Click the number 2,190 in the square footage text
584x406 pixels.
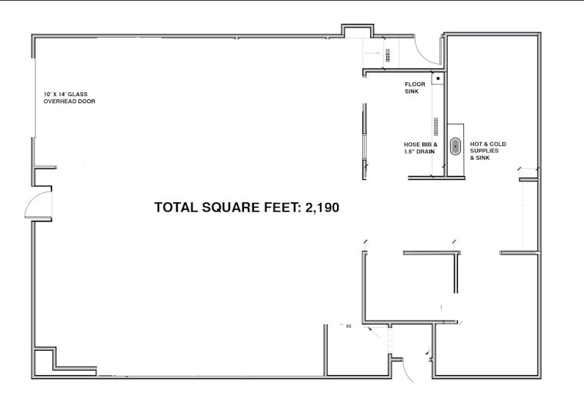tap(322, 208)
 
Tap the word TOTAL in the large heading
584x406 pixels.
tap(176, 208)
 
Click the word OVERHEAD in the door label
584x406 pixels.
tap(56, 101)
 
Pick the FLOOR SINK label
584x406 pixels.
tap(415, 88)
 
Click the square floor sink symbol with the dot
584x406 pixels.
tap(438, 78)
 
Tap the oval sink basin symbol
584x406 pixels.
tap(456, 146)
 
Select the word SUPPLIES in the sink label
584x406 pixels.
tap(484, 151)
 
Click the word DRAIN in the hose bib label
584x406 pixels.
tap(425, 151)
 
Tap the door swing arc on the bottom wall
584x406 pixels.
tap(409, 371)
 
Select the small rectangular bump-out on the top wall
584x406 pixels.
tap(358, 31)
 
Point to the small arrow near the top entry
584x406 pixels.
tap(372, 53)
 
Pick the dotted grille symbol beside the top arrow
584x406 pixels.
tap(388, 55)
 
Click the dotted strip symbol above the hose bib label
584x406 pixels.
tap(435, 127)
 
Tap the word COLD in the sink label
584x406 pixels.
tap(498, 144)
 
